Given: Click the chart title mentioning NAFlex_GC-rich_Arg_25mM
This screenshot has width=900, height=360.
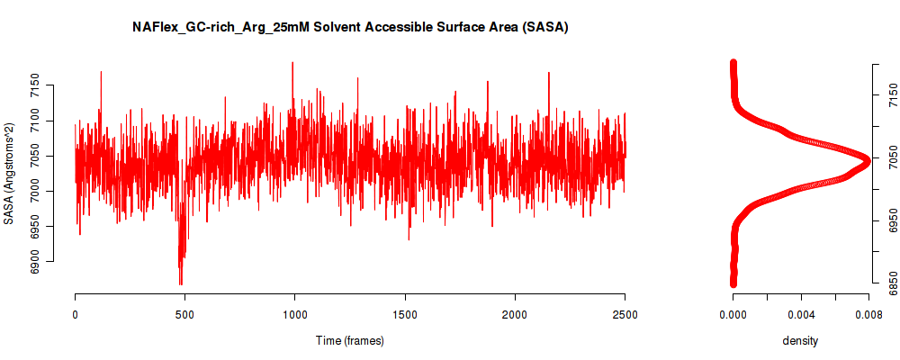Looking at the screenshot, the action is click(350, 28).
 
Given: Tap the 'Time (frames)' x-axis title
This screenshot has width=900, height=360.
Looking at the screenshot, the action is click(350, 340).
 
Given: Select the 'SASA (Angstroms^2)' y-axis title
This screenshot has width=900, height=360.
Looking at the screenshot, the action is click(9, 173).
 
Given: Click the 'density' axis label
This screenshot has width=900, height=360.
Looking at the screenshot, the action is click(800, 341).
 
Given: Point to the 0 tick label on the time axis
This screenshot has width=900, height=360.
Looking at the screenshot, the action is click(76, 314).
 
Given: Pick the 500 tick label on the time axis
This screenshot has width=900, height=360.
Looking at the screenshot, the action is click(184, 314).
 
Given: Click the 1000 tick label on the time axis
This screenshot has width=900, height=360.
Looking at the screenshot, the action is click(295, 314).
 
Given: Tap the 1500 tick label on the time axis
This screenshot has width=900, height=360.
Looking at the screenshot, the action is click(405, 314).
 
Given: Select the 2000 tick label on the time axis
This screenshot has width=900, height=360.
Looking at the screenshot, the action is click(516, 314).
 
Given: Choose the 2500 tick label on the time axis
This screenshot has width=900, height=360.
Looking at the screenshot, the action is click(625, 314).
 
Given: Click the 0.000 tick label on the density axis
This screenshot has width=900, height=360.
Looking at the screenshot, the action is click(733, 314).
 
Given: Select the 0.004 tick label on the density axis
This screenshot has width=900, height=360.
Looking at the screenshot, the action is click(801, 314).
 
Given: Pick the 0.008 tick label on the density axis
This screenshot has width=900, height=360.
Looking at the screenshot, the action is click(869, 314).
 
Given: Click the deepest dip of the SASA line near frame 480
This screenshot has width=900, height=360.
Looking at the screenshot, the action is click(181, 284).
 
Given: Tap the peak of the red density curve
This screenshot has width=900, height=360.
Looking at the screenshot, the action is click(868, 161).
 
